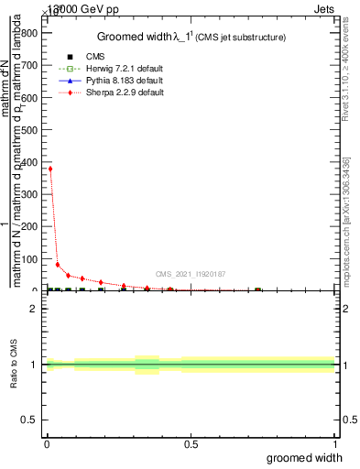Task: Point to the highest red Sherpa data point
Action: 49,169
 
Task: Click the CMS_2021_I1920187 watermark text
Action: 191,274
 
